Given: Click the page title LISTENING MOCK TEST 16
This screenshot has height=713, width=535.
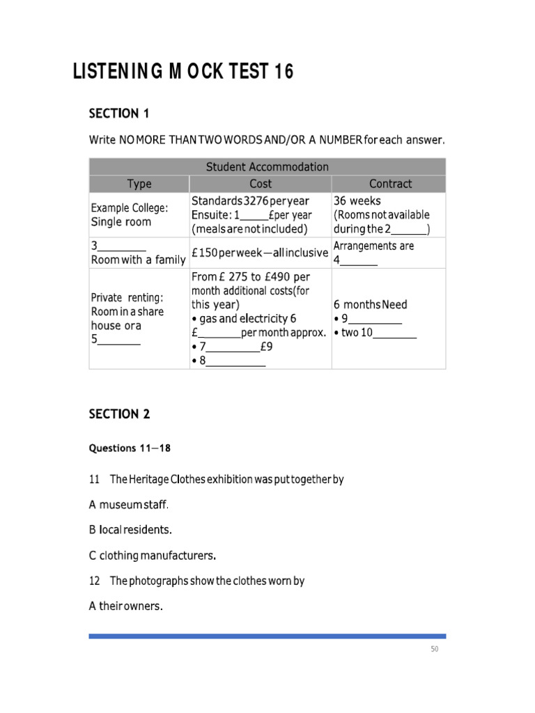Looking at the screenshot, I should click(183, 72).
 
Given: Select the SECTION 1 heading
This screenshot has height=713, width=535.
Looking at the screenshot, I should click(119, 113).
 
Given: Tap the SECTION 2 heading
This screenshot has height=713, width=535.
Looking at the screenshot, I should click(119, 414).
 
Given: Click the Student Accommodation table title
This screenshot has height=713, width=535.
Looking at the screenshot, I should click(267, 166).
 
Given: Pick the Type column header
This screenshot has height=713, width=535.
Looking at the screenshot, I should click(139, 184).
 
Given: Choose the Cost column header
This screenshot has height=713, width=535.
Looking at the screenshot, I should click(261, 184).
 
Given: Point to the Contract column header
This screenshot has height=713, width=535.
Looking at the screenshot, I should click(390, 184).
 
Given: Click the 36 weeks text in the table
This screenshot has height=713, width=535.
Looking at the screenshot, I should click(357, 201).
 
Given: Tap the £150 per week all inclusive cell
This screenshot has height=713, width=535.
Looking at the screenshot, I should click(259, 253).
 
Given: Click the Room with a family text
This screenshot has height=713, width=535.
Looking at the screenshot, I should click(138, 260).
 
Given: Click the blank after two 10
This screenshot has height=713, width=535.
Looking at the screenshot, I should click(395, 334).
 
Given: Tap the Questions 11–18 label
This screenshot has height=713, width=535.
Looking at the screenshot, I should click(130, 448).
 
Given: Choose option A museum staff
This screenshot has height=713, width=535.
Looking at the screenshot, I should click(129, 504).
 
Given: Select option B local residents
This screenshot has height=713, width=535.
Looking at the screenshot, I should click(130, 529).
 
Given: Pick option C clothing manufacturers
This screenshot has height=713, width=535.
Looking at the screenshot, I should click(153, 556).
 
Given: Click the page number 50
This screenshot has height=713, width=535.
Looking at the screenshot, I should click(434, 650).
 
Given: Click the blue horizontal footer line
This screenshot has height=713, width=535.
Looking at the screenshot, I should click(267, 636).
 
